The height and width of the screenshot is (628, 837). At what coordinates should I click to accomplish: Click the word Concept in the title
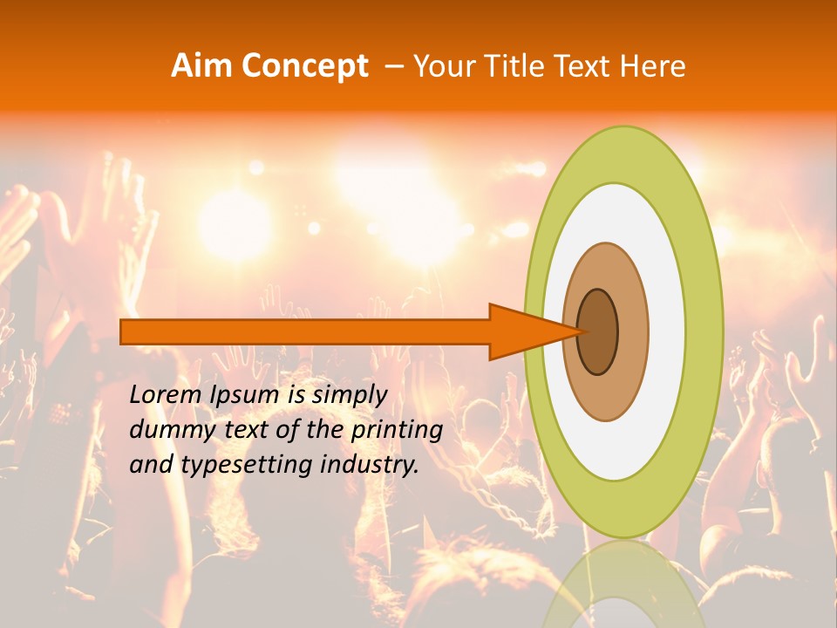pyautogui.click(x=304, y=67)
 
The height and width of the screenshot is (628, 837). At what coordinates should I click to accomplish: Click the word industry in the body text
pyautogui.click(x=366, y=465)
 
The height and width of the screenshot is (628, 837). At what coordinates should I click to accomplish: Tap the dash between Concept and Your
pyautogui.click(x=393, y=67)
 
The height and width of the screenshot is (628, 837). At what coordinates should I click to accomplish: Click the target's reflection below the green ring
pyautogui.click(x=623, y=584)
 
